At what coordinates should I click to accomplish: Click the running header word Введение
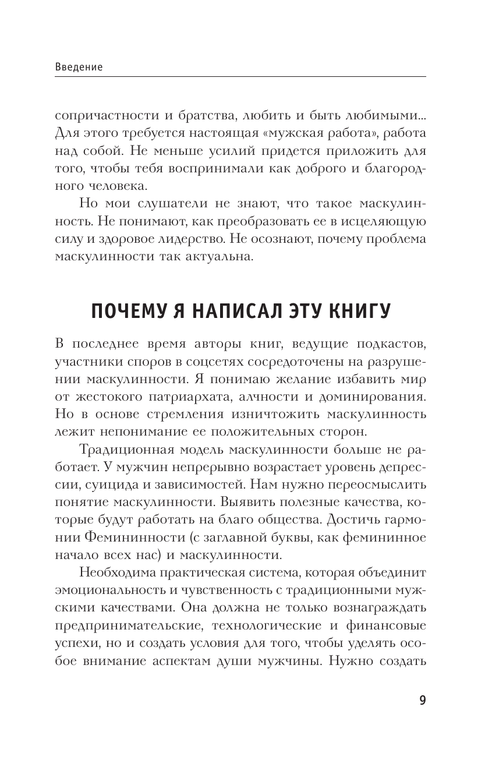point(79,67)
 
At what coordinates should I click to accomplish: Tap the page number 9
point(422,701)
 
